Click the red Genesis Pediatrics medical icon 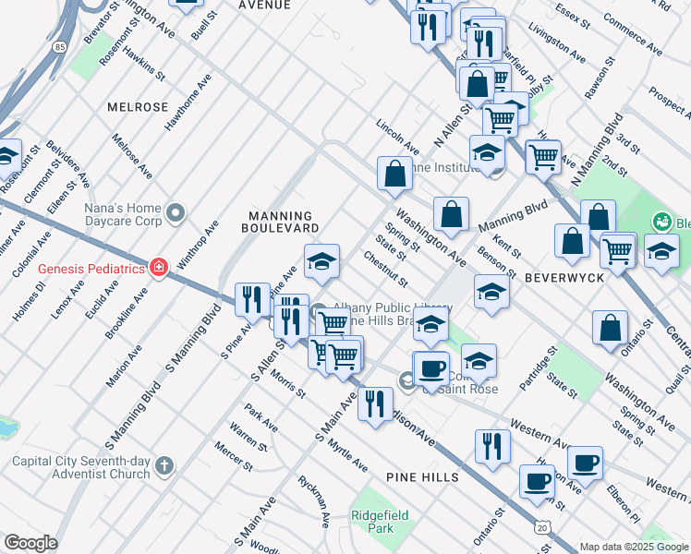159,269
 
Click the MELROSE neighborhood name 138,107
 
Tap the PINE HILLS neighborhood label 422,476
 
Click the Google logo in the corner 30,543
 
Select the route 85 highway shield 59,44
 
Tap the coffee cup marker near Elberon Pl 584,462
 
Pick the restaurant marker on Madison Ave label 374,404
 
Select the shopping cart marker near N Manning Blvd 542,155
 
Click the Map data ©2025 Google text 634,546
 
